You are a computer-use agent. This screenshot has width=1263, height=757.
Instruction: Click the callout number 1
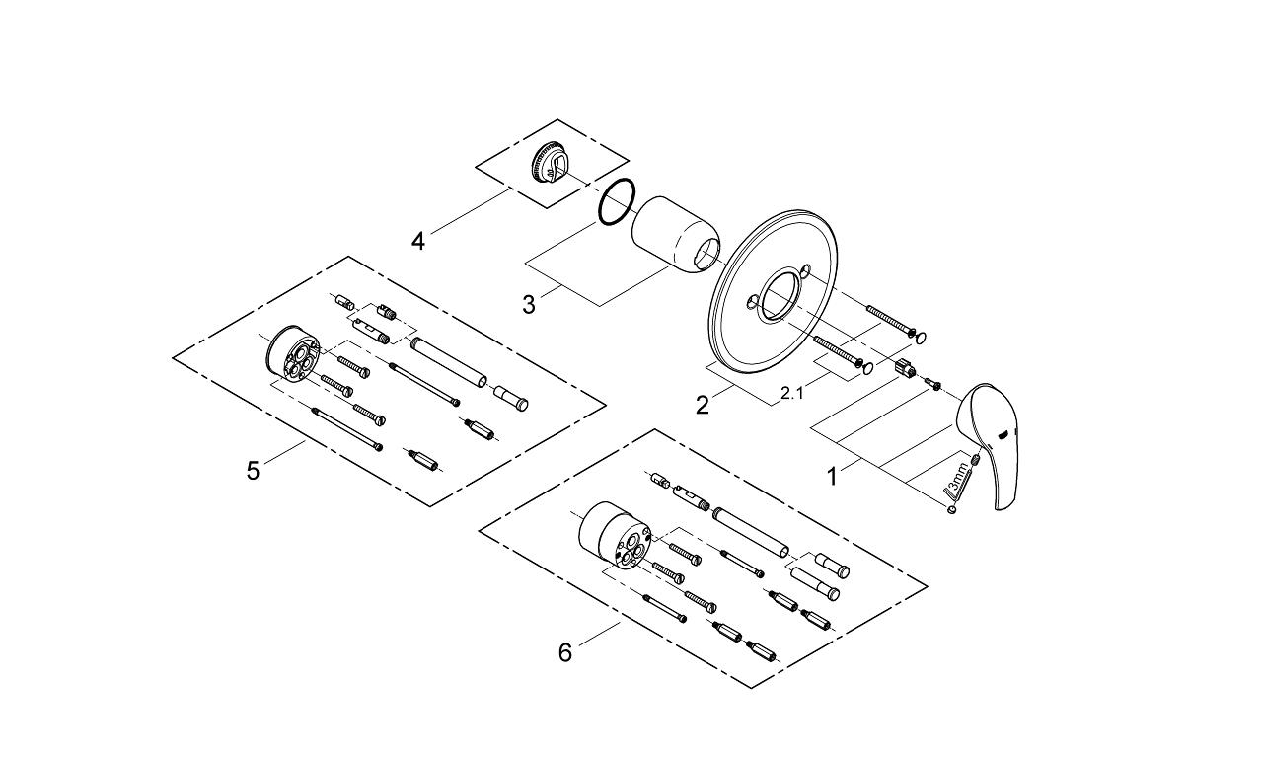[x=832, y=477]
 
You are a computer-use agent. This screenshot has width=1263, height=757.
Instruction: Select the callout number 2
[x=702, y=405]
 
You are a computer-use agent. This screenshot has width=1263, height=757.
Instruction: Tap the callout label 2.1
[x=792, y=393]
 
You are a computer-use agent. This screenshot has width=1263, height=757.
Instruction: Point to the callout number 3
[x=529, y=304]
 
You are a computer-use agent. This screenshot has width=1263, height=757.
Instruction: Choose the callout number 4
[x=418, y=241]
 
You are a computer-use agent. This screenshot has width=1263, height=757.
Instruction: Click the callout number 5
[x=254, y=470]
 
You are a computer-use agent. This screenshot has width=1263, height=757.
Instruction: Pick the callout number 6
[x=565, y=652]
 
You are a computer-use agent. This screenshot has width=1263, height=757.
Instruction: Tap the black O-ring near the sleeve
[x=617, y=202]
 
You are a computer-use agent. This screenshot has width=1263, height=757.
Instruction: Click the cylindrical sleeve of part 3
[x=674, y=231]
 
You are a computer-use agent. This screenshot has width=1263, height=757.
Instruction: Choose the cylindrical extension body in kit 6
[x=613, y=537]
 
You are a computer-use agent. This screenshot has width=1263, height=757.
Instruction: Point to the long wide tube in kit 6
[x=750, y=532]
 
